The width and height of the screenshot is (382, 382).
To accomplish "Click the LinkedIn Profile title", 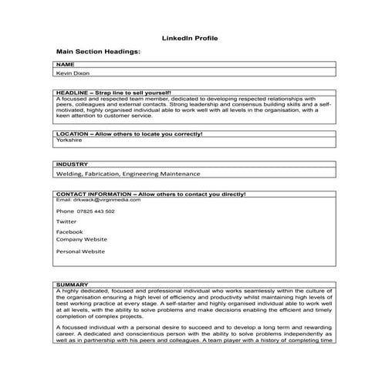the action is [x=191, y=37].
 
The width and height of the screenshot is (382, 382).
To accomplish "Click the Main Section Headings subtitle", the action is [x=98, y=51].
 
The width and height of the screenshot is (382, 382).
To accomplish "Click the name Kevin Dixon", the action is [x=73, y=73].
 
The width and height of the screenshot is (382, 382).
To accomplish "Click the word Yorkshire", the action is [x=69, y=141].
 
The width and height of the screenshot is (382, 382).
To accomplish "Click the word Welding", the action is [x=69, y=175].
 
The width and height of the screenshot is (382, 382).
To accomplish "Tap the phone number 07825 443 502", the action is [x=96, y=211].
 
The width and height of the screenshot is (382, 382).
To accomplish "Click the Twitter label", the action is [x=66, y=221].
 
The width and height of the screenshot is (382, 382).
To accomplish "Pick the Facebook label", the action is [x=69, y=232].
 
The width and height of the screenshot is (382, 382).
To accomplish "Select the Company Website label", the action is [x=82, y=239].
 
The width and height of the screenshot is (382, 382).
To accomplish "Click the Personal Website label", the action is [x=80, y=252].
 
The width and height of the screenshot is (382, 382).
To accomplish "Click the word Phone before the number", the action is [x=65, y=211].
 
